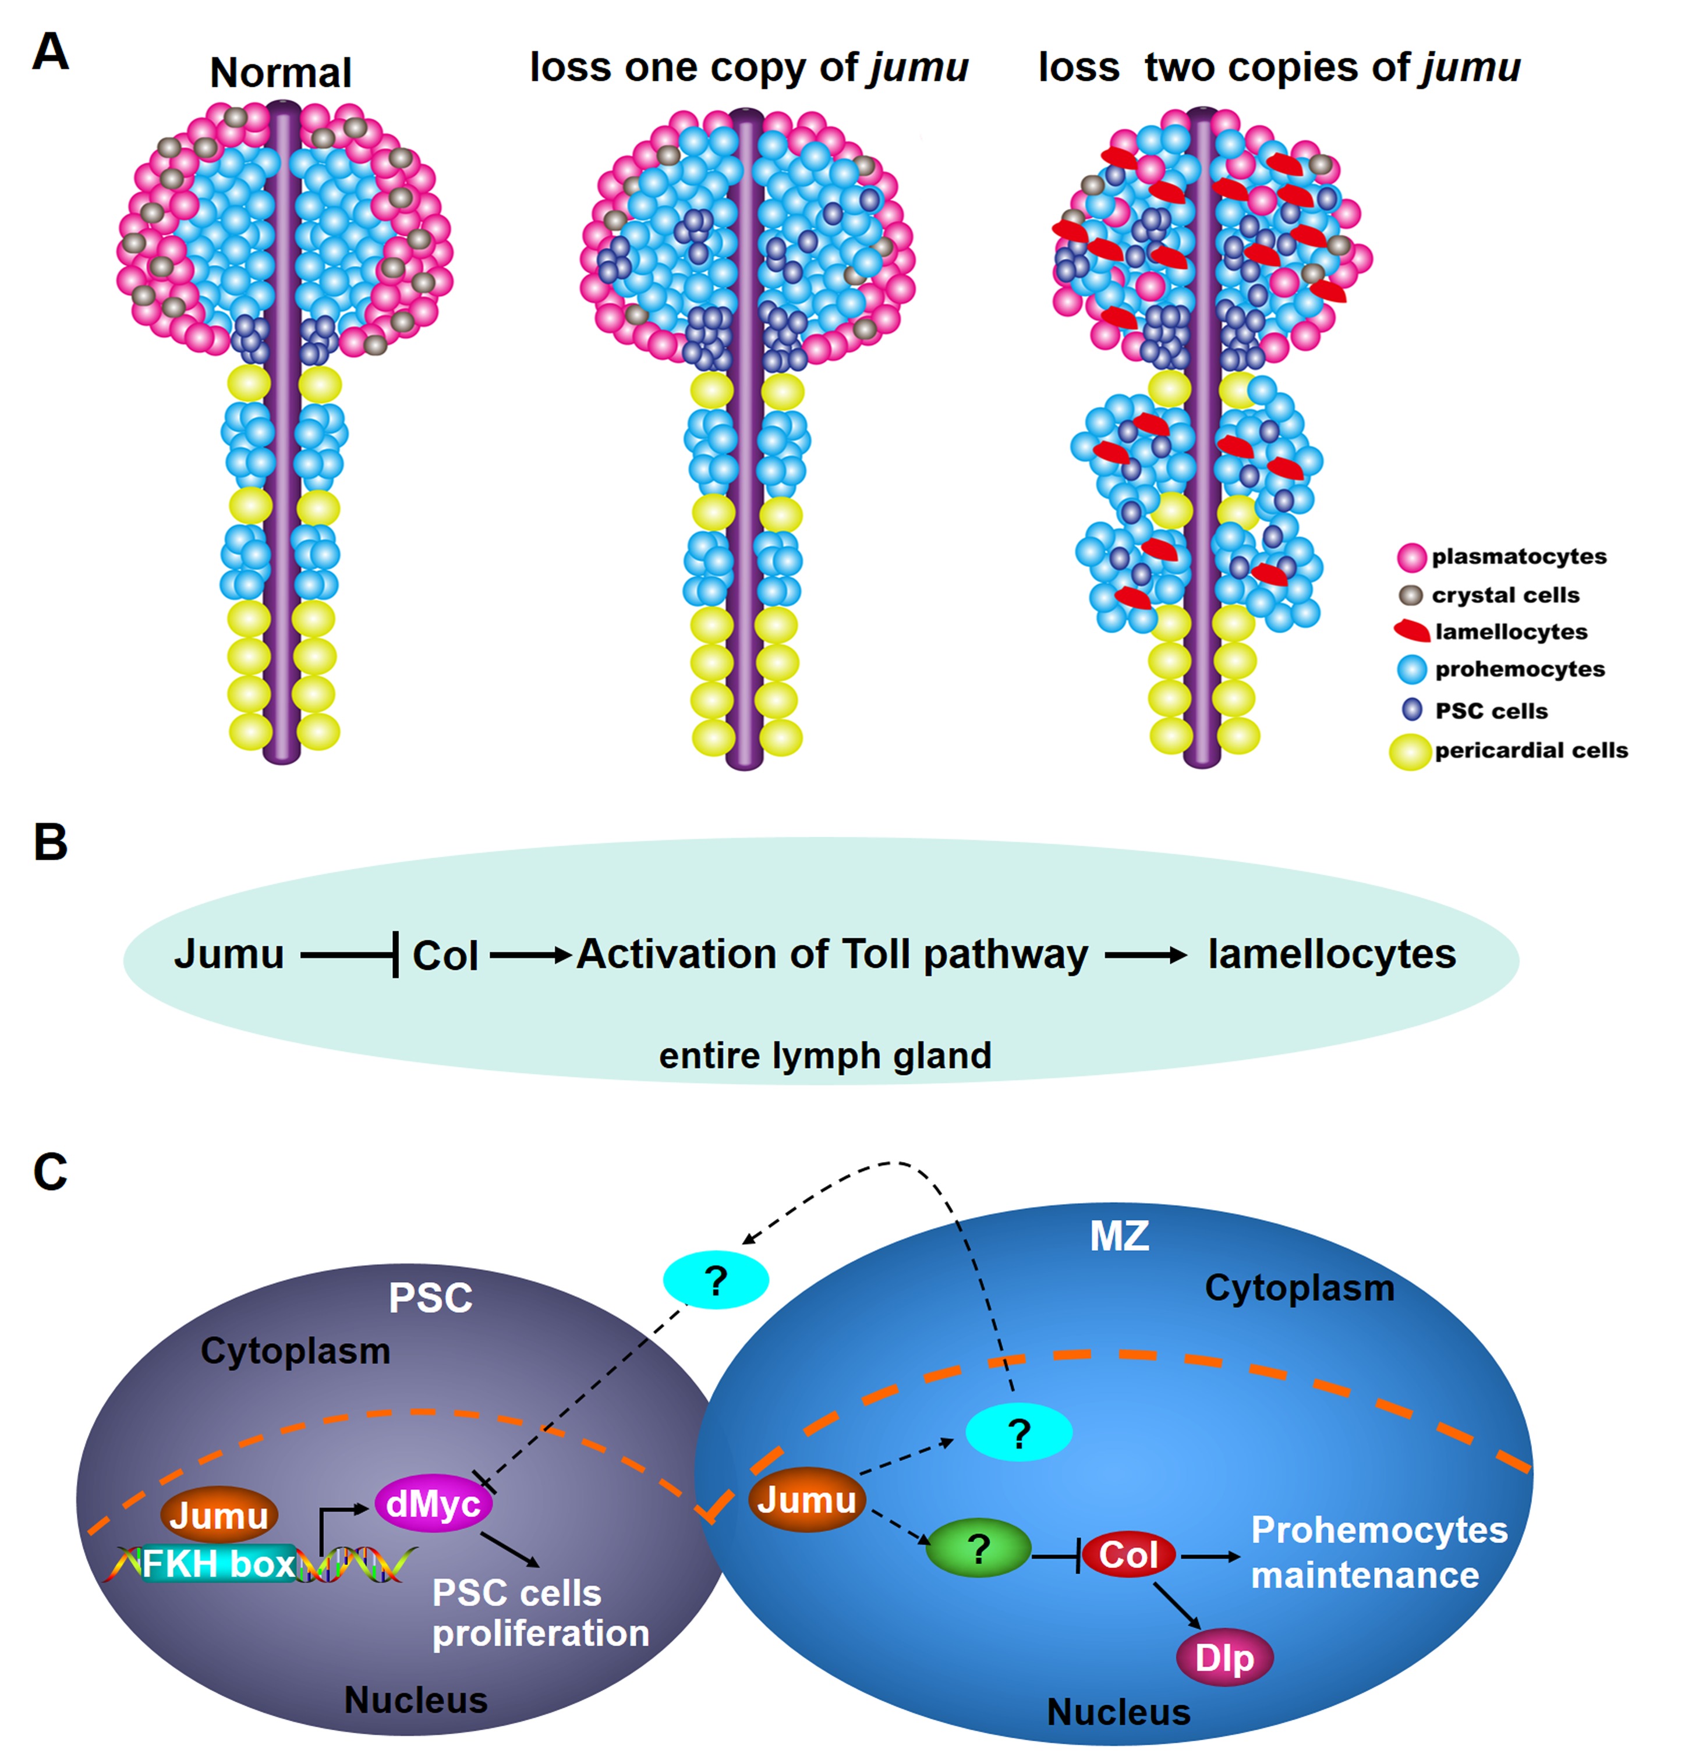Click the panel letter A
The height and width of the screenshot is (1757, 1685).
click(50, 51)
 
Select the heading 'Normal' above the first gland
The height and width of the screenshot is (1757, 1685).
click(280, 73)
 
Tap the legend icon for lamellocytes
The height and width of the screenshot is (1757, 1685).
click(1411, 630)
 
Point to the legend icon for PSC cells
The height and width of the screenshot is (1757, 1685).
click(1411, 709)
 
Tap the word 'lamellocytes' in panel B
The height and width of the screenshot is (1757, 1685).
click(1331, 954)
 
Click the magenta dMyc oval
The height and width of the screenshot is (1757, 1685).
click(433, 1504)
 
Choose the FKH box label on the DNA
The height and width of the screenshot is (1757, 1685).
click(218, 1564)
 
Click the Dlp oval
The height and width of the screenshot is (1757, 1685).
click(1223, 1657)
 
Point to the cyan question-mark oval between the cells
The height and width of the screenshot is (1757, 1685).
click(715, 1281)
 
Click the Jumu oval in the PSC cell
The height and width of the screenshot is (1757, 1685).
click(219, 1515)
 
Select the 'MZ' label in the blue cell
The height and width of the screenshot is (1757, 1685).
click(1118, 1236)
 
